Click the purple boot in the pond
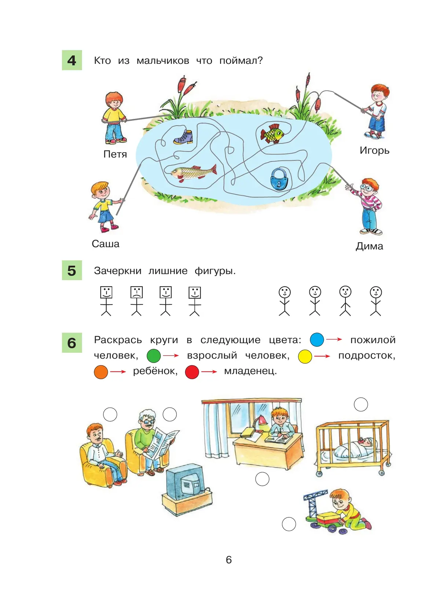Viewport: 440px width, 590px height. coord(183,137)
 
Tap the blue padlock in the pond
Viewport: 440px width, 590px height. coord(279,179)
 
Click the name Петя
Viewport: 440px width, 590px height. coord(115,154)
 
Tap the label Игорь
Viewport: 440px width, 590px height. coord(374,150)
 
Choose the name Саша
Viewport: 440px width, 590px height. coord(106,244)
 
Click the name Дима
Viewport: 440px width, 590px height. coord(369,246)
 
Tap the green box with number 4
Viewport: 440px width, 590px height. coord(72,60)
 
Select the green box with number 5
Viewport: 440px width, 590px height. coord(72,270)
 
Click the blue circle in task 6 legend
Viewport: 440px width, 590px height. coord(317,340)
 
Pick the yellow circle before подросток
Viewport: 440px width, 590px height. coord(305,356)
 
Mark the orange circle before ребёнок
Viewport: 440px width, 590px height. coord(101,372)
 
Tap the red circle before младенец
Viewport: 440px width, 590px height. coord(192,372)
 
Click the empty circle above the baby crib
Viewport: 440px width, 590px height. coord(361,404)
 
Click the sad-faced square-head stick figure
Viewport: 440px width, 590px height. coord(136,301)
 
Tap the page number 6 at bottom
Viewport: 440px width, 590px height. coord(229,560)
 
